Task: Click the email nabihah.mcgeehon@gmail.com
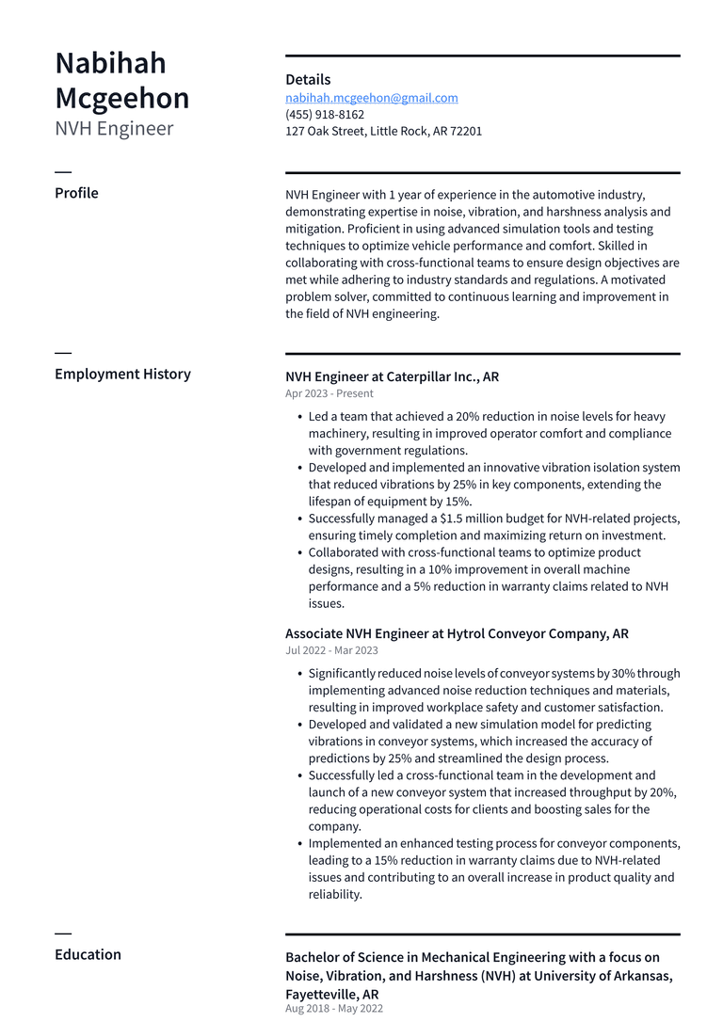(x=372, y=98)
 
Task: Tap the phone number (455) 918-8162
(x=325, y=115)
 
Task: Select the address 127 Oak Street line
(x=383, y=132)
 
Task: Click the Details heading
(x=308, y=80)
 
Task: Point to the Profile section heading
(x=76, y=193)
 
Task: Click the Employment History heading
(x=122, y=375)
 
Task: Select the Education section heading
(x=88, y=954)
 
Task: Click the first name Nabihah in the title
(x=110, y=63)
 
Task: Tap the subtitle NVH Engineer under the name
(x=114, y=129)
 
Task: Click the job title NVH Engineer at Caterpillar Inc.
(x=392, y=377)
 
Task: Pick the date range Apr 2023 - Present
(x=329, y=394)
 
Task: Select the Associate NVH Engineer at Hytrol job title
(x=457, y=634)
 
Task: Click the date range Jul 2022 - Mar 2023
(x=331, y=651)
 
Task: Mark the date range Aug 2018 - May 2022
(x=334, y=1009)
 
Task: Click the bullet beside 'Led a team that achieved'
(x=298, y=417)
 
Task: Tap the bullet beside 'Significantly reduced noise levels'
(x=298, y=674)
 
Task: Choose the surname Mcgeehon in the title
(x=122, y=98)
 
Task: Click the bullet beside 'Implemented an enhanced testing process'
(x=298, y=844)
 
